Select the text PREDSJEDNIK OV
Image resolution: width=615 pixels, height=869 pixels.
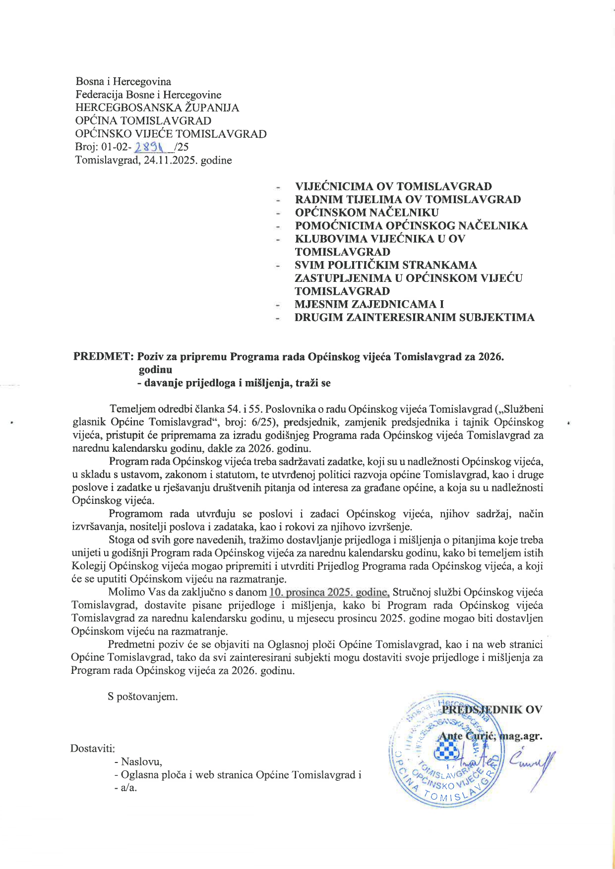492,709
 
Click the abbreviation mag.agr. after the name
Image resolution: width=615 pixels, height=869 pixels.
521,736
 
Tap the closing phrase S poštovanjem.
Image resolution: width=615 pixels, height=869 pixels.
143,697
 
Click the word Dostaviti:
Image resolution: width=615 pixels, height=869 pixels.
93,748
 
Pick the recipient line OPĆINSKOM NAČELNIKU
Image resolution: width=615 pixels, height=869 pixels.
367,213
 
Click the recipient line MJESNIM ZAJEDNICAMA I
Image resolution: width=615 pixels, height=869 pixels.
369,304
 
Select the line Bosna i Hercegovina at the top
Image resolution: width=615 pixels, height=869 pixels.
123,82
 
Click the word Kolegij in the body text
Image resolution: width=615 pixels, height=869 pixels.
88,566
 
